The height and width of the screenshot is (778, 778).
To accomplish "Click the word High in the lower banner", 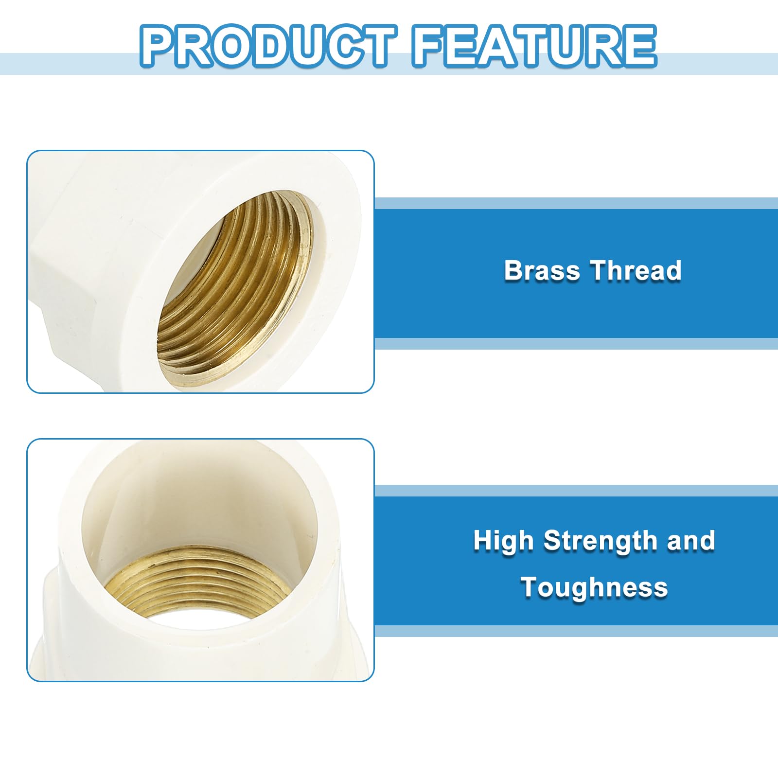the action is tap(503, 541).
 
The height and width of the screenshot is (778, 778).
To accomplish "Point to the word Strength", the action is tap(601, 541).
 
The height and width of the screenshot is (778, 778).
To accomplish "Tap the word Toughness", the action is tap(594, 587).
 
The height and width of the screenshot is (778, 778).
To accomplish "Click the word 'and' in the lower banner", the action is tap(691, 541).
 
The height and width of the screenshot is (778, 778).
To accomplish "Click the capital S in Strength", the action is tap(552, 540).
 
